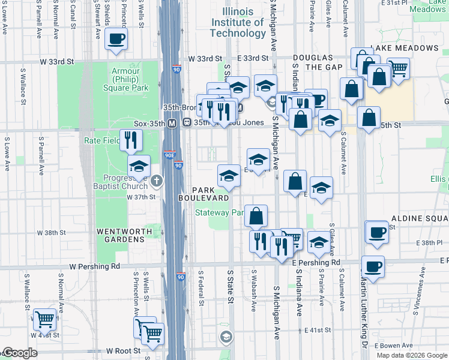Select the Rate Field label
coord(100,141)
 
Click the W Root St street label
coord(123,350)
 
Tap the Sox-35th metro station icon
coord(172,123)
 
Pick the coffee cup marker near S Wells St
coord(116,39)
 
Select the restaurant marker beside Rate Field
coord(130,140)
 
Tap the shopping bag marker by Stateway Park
coord(256,216)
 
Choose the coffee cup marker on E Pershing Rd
coord(373,266)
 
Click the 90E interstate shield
coord(170,155)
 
